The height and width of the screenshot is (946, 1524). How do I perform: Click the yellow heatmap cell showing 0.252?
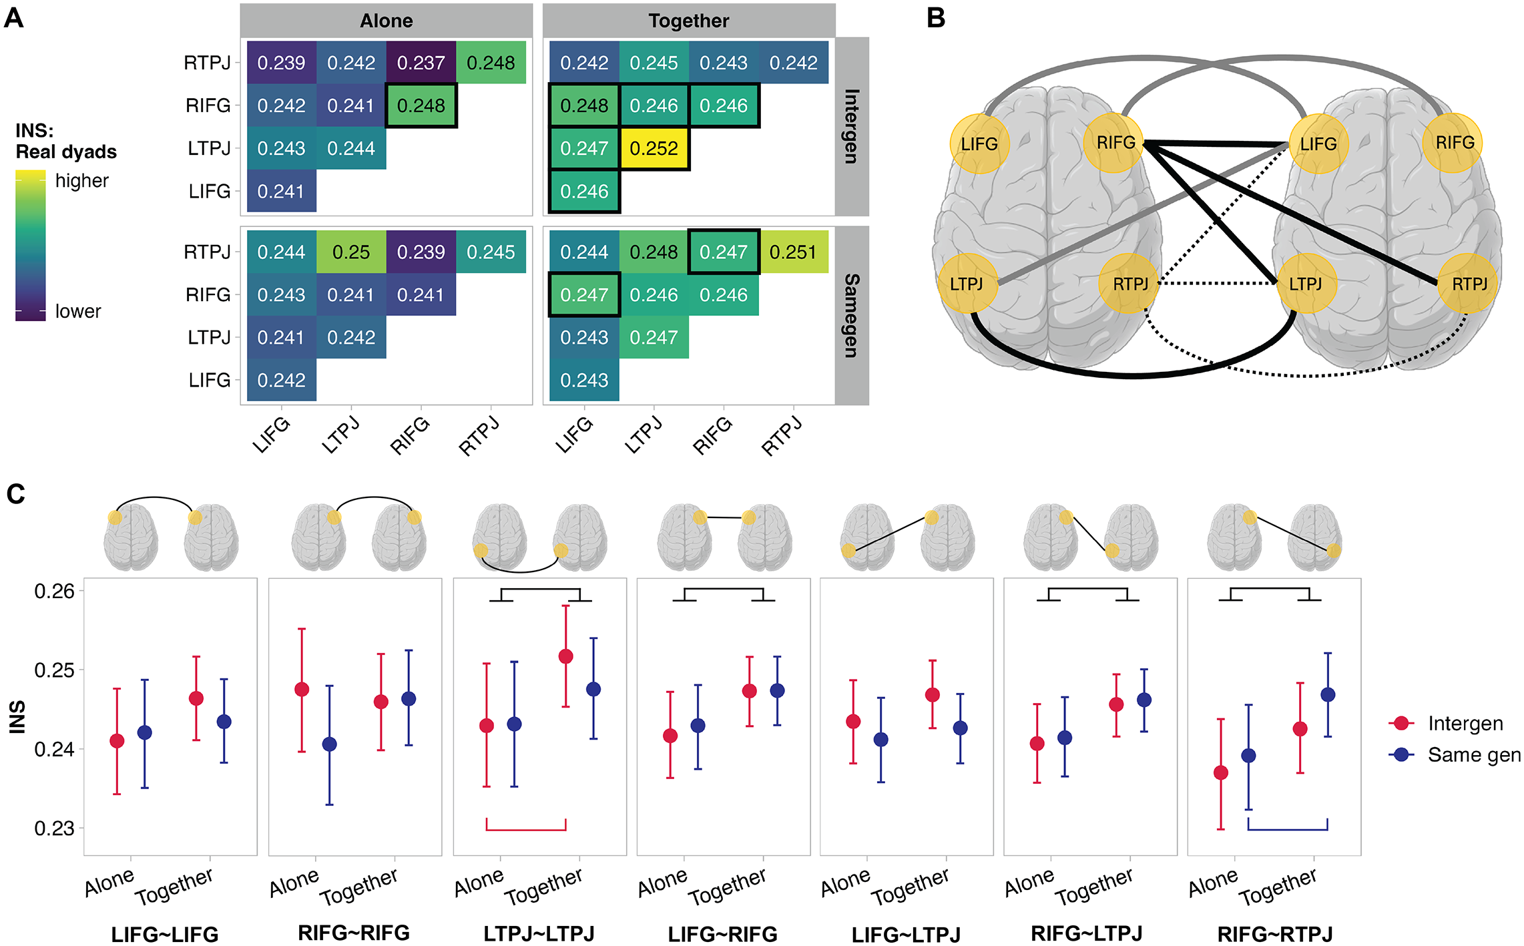click(654, 148)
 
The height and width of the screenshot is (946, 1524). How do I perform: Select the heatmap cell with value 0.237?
click(421, 63)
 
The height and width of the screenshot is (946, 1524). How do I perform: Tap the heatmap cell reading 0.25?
click(351, 252)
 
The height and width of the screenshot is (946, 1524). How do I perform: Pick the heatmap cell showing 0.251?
click(793, 252)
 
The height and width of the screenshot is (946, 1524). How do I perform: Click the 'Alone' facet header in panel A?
click(387, 21)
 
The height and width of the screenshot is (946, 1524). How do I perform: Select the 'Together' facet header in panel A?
click(689, 21)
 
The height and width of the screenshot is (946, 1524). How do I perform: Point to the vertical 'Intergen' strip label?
click(852, 126)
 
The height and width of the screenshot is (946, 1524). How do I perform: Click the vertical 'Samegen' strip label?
click(852, 315)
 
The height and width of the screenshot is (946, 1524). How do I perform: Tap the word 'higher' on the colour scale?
click(81, 180)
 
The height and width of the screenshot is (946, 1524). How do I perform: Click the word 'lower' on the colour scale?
click(78, 311)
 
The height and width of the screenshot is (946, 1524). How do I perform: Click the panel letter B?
click(936, 18)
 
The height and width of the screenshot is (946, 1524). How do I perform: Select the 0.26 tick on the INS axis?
click(54, 591)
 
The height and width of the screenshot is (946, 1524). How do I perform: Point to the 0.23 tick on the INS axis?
click(54, 828)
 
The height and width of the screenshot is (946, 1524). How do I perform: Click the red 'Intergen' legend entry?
click(1446, 723)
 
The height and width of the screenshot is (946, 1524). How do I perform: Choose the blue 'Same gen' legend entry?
click(1455, 754)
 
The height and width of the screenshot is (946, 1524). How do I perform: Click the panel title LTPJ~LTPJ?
click(539, 933)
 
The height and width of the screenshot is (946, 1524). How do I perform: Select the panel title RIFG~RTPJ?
click(1275, 933)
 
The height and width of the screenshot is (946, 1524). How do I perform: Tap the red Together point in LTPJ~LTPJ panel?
click(565, 656)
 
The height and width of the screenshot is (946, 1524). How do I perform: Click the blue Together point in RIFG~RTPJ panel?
click(1328, 694)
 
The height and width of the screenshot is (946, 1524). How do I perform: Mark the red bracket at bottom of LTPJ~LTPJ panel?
click(526, 830)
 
